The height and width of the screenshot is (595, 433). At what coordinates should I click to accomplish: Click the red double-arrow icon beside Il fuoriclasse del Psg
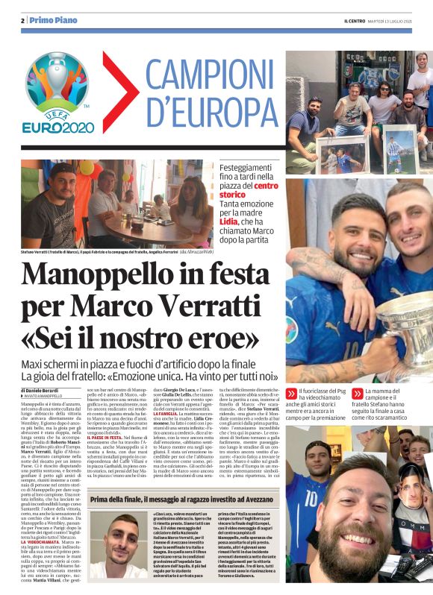coord(293,391)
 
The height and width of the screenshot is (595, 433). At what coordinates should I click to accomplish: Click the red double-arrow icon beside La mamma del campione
coord(358,391)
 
